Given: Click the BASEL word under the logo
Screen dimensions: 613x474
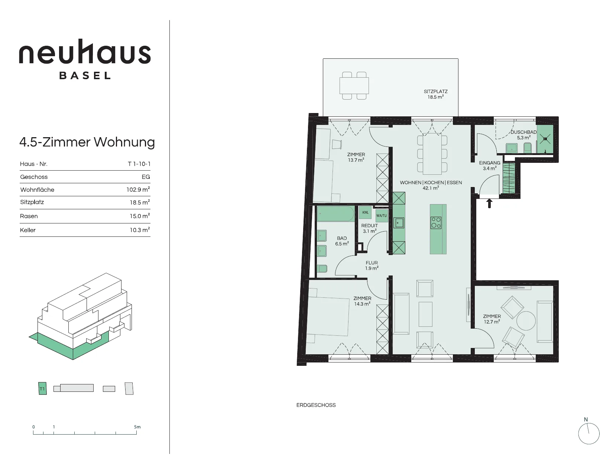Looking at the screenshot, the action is point(85,75).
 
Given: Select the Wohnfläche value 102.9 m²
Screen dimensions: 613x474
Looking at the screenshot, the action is point(138,190).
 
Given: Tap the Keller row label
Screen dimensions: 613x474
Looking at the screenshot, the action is point(27,230).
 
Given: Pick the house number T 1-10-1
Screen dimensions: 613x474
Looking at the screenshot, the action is point(139,164).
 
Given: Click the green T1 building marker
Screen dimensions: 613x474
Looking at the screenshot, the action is point(42,389).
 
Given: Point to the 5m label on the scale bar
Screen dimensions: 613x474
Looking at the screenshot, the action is point(137,427).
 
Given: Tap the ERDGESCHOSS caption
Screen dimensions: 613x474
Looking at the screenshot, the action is point(316,405).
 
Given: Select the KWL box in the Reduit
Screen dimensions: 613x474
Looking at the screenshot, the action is point(365,213).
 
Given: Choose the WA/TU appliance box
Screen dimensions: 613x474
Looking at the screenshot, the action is point(382,216).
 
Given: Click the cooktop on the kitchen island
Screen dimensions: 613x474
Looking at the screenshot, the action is point(436,222).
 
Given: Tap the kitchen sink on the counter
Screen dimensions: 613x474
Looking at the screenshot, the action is point(399,223).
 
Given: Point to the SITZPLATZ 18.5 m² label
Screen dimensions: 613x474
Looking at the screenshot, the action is point(435,94).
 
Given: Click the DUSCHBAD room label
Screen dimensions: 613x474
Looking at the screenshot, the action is point(523,132).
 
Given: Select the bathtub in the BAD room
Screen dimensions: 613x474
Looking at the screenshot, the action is point(335,214).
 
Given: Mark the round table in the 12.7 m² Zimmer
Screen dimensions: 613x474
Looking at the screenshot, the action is point(526,320).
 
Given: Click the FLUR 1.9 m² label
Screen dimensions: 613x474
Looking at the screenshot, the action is point(372,265).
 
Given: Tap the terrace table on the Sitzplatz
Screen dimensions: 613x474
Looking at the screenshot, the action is point(354,86).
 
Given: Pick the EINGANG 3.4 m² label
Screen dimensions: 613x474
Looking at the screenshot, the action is point(490,166).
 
